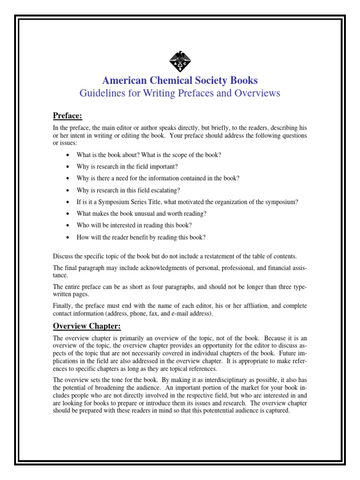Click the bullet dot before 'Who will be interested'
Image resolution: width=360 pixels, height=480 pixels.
(68, 225)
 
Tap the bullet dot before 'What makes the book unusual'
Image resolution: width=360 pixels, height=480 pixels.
(68, 214)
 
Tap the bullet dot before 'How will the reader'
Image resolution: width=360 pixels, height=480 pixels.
(68, 237)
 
